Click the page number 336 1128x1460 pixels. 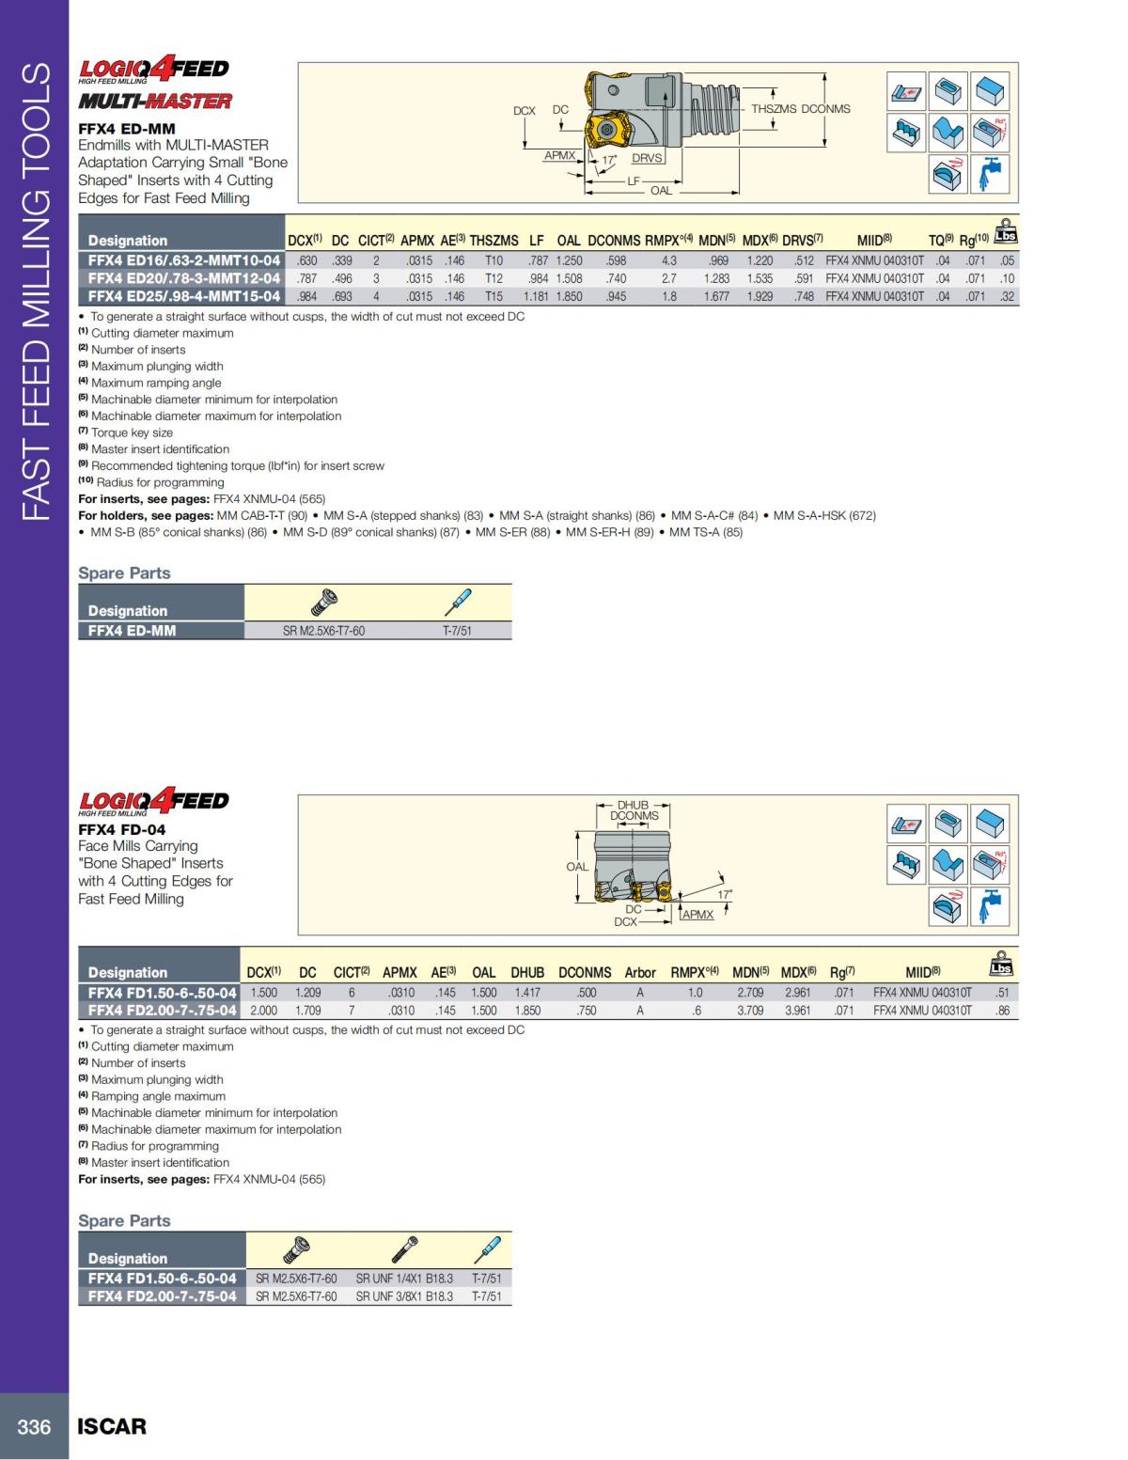click(34, 1426)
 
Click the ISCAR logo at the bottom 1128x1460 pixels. click(112, 1426)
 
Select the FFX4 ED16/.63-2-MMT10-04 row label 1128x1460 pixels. click(183, 260)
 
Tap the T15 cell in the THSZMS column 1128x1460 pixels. click(493, 296)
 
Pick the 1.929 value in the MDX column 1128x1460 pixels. click(760, 296)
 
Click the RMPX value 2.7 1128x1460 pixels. click(668, 278)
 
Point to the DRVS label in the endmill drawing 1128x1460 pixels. click(647, 158)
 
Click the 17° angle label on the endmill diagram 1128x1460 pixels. click(609, 160)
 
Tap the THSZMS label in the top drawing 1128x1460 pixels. click(773, 109)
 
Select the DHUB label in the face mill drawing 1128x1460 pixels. click(633, 805)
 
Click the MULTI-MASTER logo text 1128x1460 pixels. click(155, 102)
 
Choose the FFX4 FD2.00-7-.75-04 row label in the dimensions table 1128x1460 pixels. click(162, 1011)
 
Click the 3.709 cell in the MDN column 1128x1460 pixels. click(750, 1011)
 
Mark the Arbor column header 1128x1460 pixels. click(640, 972)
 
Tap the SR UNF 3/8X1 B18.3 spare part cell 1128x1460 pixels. click(404, 1296)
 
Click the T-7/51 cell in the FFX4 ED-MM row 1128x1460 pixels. click(457, 631)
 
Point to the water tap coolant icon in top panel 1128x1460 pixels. click(990, 174)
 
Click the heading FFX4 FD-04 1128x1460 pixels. click(121, 829)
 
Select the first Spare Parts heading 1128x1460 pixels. click(124, 573)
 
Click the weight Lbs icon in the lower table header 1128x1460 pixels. click(1002, 964)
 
